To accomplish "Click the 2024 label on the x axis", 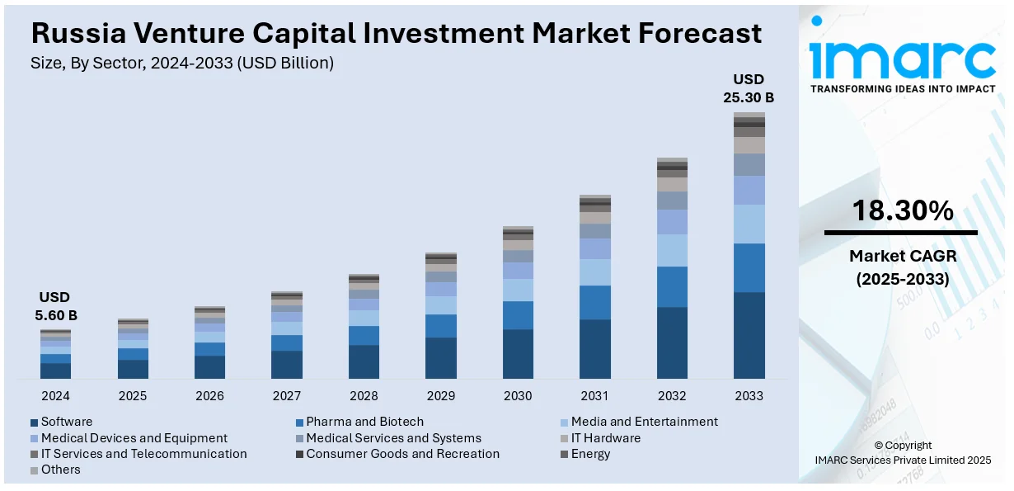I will [x=55, y=396].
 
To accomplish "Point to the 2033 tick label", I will [x=749, y=396].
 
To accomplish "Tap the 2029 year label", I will [x=441, y=396].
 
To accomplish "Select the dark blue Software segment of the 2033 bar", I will [x=749, y=335].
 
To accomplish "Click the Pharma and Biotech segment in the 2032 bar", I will [x=672, y=286].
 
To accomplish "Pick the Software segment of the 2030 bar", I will [x=518, y=354].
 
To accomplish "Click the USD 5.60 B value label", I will [x=55, y=306].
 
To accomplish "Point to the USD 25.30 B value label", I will [x=749, y=88].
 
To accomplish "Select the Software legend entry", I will [x=66, y=422].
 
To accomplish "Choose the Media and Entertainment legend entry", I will [x=644, y=422].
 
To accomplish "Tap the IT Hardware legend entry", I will [x=605, y=438].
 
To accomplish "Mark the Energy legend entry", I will [x=590, y=454].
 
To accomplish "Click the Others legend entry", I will [x=60, y=470].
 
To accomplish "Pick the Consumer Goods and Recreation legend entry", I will [x=402, y=454].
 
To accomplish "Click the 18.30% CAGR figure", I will [x=902, y=211].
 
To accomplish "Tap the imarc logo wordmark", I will [x=902, y=58].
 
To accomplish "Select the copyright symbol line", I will [x=903, y=446].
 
